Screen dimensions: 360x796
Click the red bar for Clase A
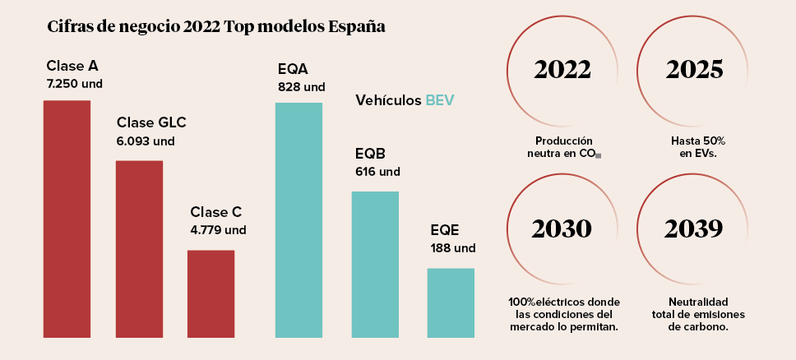click(x=67, y=219)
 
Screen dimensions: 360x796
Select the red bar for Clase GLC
click(x=139, y=249)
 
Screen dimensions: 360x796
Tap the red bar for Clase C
click(x=211, y=293)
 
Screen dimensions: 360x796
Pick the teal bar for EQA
click(x=298, y=220)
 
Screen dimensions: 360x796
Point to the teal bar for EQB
click(x=375, y=264)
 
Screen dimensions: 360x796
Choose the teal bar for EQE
click(x=451, y=302)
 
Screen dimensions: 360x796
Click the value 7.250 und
click(x=75, y=83)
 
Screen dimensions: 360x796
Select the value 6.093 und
click(x=146, y=141)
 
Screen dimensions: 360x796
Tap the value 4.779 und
click(x=218, y=229)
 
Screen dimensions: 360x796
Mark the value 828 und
click(x=302, y=86)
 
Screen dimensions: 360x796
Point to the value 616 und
click(x=377, y=172)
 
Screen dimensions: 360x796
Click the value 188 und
click(x=453, y=247)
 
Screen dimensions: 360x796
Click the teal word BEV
click(x=440, y=100)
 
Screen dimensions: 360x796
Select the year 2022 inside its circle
click(x=563, y=70)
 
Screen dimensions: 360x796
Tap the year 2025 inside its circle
click(x=695, y=70)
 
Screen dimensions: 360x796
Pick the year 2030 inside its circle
click(x=562, y=228)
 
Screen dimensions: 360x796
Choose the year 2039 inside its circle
click(x=695, y=228)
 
